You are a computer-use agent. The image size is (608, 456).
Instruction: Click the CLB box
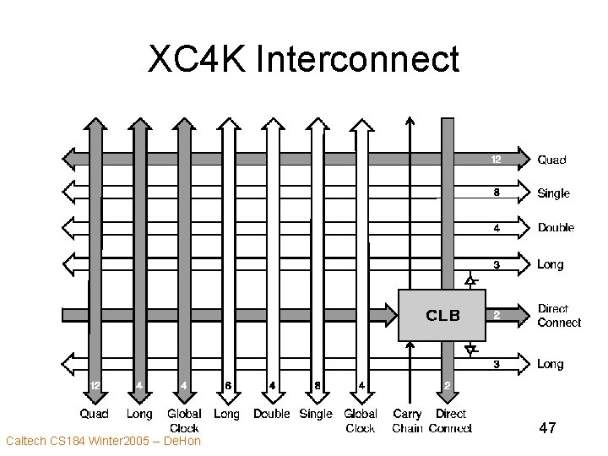(x=442, y=315)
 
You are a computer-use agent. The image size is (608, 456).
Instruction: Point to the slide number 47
(x=547, y=429)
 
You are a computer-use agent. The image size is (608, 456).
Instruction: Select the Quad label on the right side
(x=552, y=160)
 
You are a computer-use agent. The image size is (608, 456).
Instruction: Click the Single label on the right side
(x=554, y=193)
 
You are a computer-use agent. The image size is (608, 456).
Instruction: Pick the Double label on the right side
(x=556, y=227)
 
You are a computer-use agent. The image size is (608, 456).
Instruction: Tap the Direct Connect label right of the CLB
(x=559, y=316)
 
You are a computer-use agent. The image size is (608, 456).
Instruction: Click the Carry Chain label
(x=407, y=421)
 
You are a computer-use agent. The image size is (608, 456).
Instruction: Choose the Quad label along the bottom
(x=94, y=414)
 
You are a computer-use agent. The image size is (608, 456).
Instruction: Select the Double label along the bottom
(x=271, y=414)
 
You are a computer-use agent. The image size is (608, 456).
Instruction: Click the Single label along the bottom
(x=316, y=414)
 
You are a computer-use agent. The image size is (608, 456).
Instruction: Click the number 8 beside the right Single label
(x=497, y=192)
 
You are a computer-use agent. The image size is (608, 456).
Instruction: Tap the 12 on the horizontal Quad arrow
(x=497, y=158)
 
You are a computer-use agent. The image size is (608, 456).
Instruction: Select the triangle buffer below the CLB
(x=471, y=348)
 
